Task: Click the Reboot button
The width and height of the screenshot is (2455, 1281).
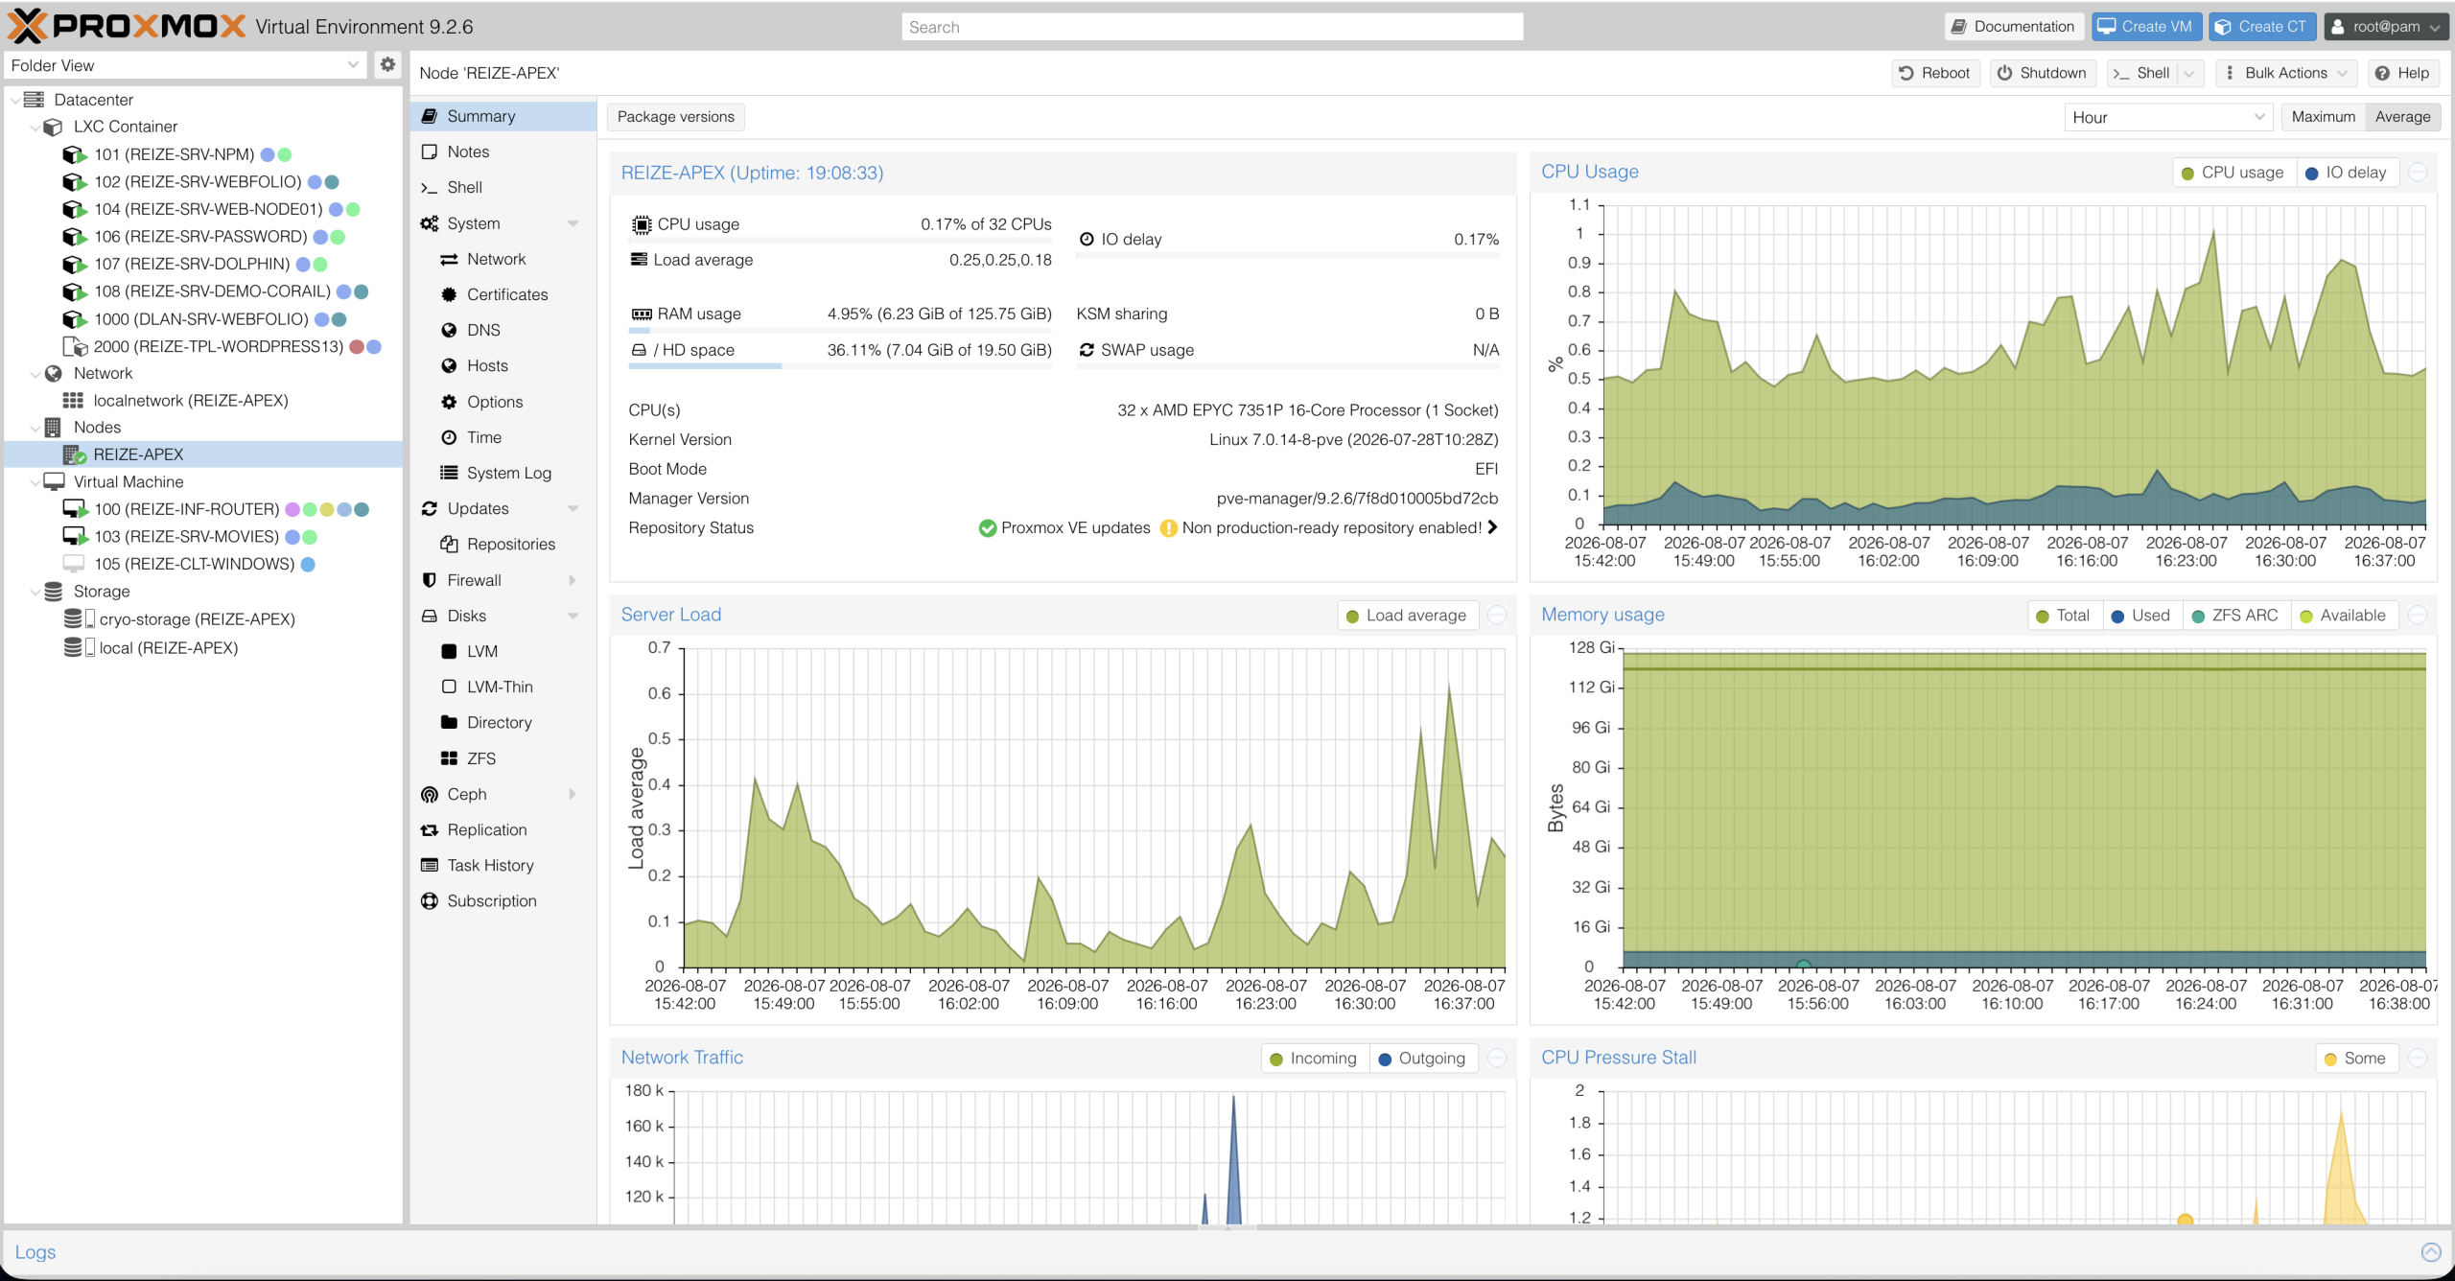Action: (1934, 73)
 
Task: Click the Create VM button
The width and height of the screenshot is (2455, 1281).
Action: (2145, 27)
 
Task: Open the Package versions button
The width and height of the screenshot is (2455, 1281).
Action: (675, 117)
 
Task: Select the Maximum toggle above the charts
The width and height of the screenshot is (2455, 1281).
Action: (2323, 117)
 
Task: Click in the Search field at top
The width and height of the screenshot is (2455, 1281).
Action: (1212, 27)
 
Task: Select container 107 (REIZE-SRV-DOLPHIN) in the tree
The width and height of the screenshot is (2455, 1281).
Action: (192, 264)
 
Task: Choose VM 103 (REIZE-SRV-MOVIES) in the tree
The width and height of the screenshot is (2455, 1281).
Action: (186, 537)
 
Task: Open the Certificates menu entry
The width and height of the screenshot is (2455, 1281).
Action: (507, 294)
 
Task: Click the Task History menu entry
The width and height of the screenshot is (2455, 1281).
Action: (490, 865)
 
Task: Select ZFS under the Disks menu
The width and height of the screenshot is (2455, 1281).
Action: (480, 758)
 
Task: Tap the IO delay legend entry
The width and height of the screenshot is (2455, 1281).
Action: (2346, 173)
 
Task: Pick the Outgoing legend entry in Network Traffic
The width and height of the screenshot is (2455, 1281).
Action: (1422, 1059)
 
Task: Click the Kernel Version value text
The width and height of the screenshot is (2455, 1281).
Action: (1353, 439)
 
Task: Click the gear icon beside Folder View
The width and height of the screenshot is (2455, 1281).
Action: (387, 64)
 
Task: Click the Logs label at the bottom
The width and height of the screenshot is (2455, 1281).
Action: (35, 1252)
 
